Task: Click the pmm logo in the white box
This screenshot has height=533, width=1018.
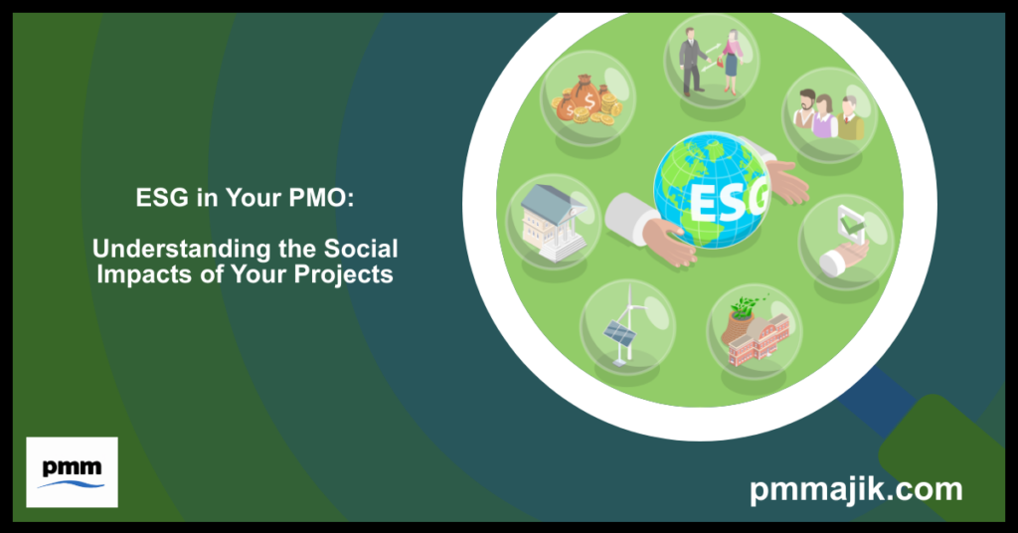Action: coord(72,471)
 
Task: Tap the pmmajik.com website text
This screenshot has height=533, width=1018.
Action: coord(856,489)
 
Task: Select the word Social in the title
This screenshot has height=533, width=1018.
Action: coord(359,248)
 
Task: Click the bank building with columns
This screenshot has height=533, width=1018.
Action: coord(552,218)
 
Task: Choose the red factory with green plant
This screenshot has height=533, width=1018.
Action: coord(753,332)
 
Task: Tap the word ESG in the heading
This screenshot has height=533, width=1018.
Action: coord(157,199)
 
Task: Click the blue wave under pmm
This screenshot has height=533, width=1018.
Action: coord(72,484)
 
